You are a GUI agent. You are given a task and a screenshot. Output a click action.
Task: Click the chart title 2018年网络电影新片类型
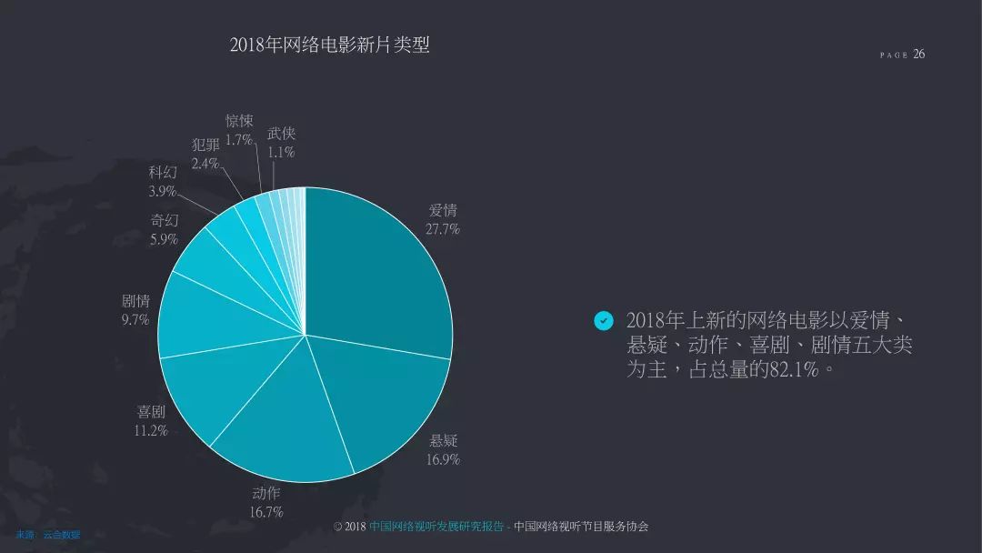coord(329,45)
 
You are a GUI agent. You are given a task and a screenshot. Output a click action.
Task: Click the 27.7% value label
coord(443,229)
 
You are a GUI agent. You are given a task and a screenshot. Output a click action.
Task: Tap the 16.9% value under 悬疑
coord(443,459)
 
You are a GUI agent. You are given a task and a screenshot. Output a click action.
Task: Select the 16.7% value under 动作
coord(266,512)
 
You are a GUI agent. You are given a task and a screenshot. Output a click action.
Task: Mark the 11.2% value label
coord(151,430)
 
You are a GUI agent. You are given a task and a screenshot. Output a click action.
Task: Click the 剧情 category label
coord(135,301)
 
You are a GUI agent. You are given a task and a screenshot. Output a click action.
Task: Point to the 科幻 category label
coord(163,172)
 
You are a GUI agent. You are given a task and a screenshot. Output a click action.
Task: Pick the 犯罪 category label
coord(205,145)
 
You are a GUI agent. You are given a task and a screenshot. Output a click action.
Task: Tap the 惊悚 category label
coord(239,121)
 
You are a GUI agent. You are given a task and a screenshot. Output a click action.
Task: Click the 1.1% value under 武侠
coord(281,153)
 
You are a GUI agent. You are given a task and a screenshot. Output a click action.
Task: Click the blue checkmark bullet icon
coord(603,321)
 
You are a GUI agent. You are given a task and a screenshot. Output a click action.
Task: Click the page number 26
coord(919,54)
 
